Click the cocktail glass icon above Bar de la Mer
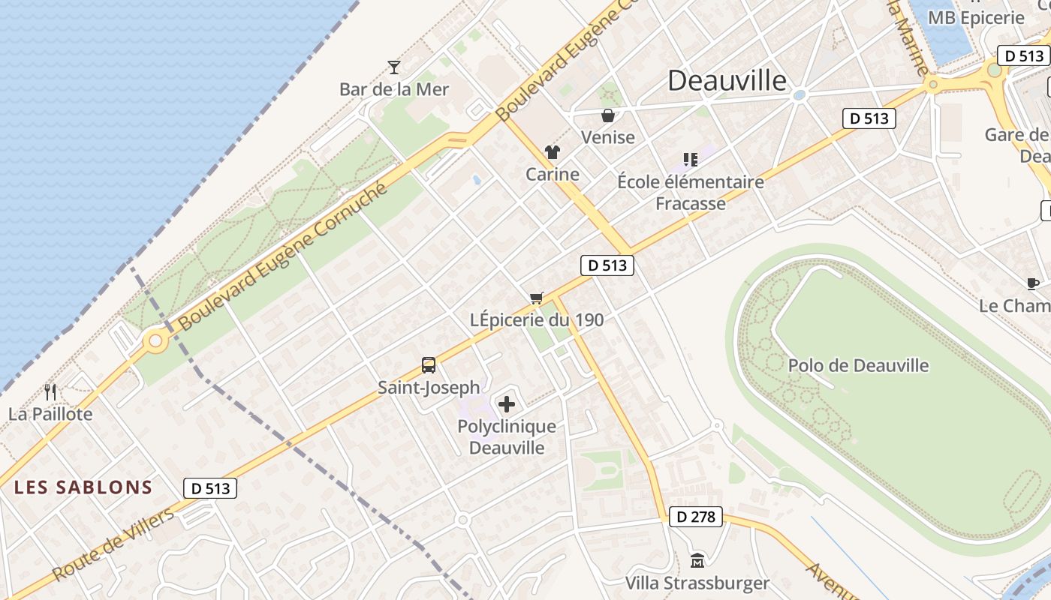[394, 67]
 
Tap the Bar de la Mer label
[394, 89]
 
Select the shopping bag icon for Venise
[608, 115]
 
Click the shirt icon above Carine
[553, 152]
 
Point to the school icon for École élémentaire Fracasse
[691, 159]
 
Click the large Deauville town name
[727, 80]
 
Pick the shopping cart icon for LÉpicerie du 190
[536, 298]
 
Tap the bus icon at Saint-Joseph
[429, 365]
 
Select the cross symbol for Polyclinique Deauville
[507, 404]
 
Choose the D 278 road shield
[694, 517]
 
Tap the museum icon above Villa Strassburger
[697, 560]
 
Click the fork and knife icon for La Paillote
[50, 391]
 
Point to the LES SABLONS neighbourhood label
[83, 487]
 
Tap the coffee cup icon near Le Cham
[1033, 283]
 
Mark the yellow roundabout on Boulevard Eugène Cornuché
[155, 341]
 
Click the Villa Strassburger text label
[697, 583]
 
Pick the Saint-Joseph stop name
[429, 388]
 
